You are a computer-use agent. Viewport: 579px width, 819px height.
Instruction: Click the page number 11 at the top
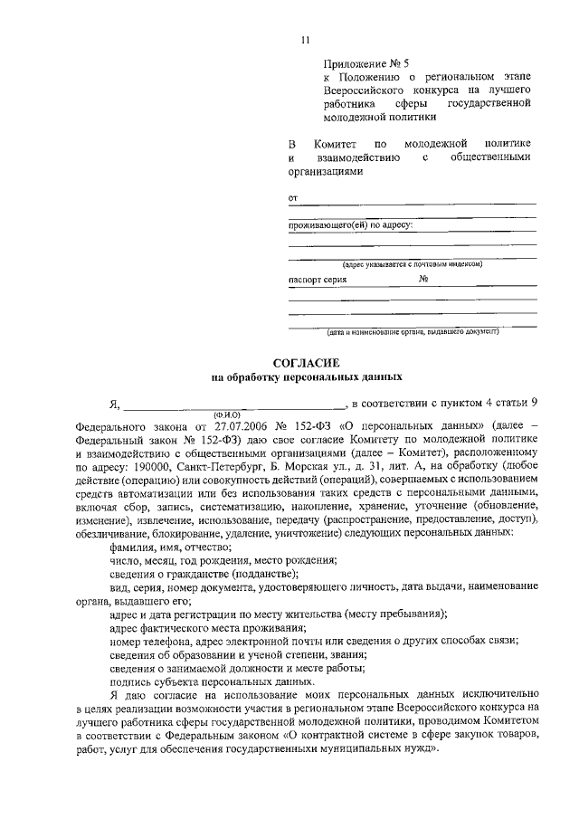pos(306,39)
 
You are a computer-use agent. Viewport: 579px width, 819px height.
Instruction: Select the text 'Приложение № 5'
pos(366,64)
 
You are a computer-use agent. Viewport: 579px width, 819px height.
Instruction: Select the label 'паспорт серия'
pos(318,281)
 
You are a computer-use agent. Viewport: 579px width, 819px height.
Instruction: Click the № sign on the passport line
pos(423,281)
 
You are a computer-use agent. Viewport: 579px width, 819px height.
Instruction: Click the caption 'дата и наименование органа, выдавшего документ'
pos(412,332)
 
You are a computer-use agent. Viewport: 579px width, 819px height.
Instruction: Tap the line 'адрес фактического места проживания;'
pos(207,627)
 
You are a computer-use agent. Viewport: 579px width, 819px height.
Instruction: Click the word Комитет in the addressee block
pos(335,144)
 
